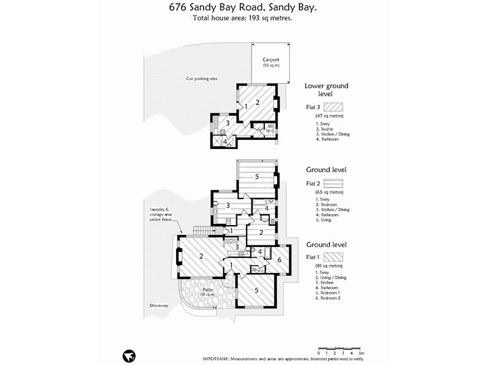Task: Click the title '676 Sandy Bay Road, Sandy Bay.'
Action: (242, 9)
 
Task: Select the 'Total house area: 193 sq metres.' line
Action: (242, 19)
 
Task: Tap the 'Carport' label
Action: (270, 60)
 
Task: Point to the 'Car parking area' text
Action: (202, 79)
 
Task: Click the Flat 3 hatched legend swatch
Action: (335, 106)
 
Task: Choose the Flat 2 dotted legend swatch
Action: (335, 182)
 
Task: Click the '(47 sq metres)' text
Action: (329, 116)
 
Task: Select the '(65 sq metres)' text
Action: (329, 192)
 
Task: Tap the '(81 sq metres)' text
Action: (329, 266)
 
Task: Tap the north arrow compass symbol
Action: (128, 354)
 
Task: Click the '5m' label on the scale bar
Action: (361, 353)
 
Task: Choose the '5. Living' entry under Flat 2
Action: (324, 220)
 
